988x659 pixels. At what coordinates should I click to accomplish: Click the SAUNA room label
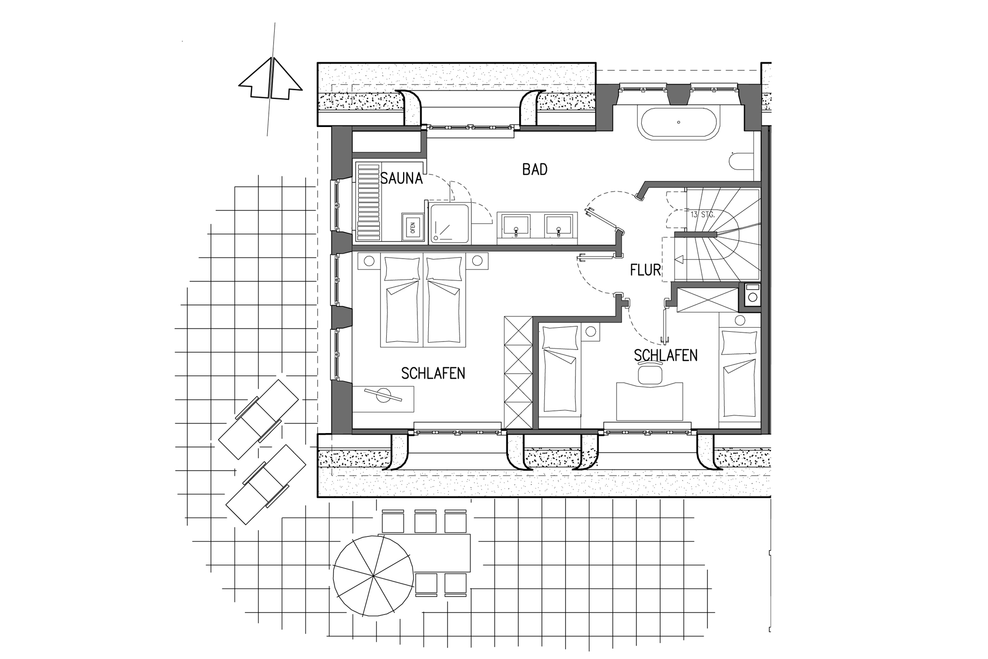[401, 178]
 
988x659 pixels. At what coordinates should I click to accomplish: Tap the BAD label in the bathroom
[535, 170]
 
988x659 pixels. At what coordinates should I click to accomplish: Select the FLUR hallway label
[645, 270]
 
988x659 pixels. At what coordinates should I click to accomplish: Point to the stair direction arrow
[680, 259]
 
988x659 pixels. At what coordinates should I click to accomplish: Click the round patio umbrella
[373, 576]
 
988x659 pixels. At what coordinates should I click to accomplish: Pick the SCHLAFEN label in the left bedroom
[433, 373]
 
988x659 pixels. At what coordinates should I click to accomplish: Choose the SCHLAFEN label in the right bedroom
[665, 355]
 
